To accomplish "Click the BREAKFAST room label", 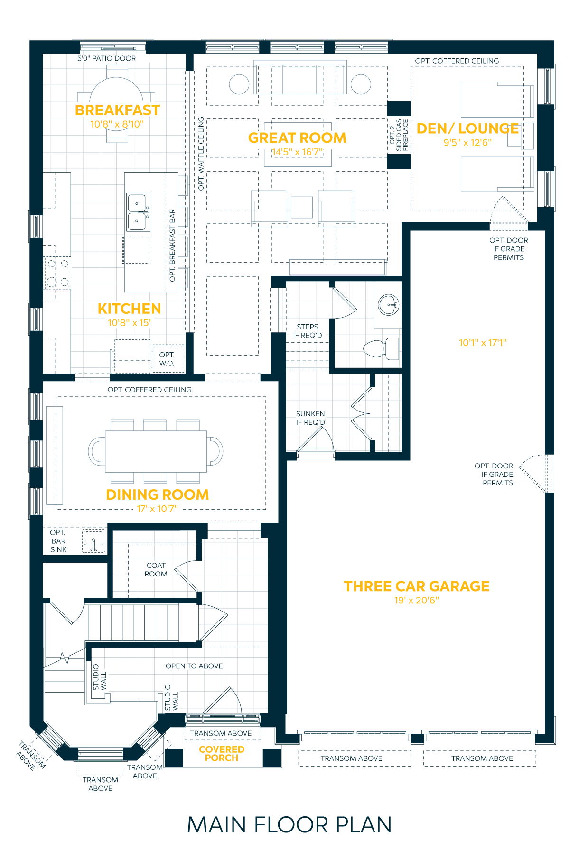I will [x=117, y=110].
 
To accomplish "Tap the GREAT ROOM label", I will [x=297, y=138].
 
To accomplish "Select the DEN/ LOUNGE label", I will [x=467, y=128].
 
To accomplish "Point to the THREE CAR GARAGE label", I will [x=417, y=586].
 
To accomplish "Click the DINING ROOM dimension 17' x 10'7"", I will [x=157, y=509].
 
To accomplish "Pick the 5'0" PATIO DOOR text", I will [x=107, y=58].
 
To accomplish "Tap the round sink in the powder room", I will [x=389, y=304].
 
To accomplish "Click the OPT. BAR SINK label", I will [x=58, y=541].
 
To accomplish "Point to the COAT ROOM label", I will [x=156, y=570].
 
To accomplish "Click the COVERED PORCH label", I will [x=222, y=753].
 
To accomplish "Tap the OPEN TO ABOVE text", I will [x=194, y=666].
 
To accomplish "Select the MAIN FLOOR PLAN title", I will [x=289, y=825].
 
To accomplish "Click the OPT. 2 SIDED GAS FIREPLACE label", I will [x=399, y=135].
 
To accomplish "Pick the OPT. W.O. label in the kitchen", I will [x=167, y=359].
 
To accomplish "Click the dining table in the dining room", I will [x=156, y=451].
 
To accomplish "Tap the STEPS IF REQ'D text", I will [x=308, y=331].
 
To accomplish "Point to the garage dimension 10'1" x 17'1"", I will [x=483, y=342].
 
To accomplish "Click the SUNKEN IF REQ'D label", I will [x=310, y=418].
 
